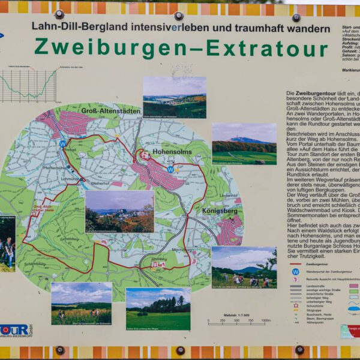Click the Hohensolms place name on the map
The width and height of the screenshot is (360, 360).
172,152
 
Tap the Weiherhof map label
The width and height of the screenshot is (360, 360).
100,184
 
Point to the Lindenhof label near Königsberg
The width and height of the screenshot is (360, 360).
229,196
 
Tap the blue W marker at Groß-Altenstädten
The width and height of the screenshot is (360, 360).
62,144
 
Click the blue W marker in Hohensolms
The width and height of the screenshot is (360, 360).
170,170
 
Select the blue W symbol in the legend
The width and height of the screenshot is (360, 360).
295,271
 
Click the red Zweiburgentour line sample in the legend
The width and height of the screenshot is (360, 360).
295,263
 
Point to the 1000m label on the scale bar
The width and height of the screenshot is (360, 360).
266,320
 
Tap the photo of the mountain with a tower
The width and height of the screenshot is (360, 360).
244,143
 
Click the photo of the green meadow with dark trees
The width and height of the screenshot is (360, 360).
158,308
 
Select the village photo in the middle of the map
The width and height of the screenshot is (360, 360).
119,212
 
